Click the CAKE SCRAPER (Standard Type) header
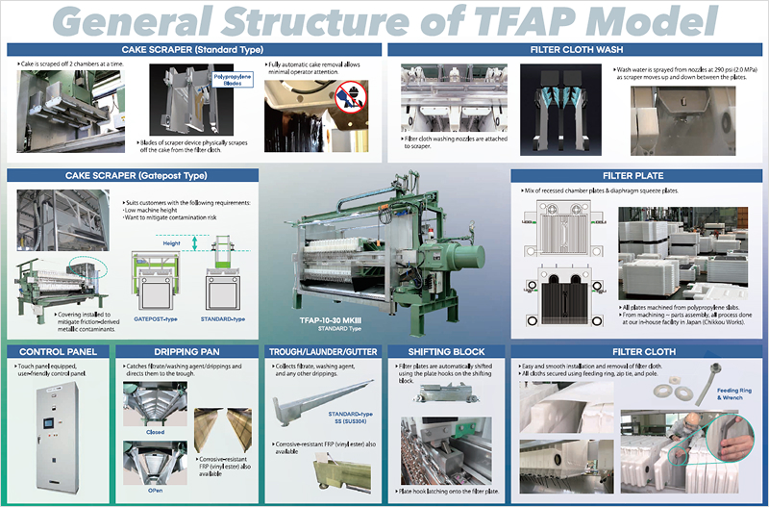[x=192, y=48]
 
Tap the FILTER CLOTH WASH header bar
[x=577, y=48]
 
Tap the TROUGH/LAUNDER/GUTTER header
[x=323, y=351]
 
